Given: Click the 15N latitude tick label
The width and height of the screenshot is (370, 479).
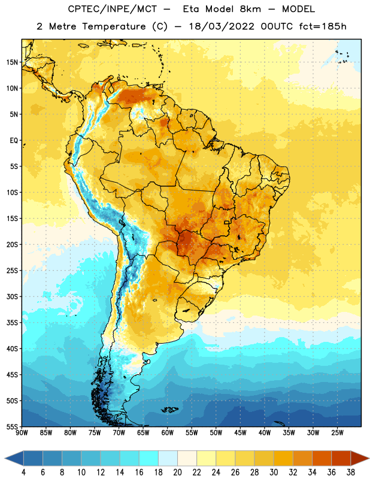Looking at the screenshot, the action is (12, 62).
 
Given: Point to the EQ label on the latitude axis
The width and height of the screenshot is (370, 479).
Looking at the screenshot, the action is (14, 141).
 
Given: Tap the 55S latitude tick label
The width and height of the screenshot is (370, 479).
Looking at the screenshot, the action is (12, 426).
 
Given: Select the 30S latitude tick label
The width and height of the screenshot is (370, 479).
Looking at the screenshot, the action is (12, 296).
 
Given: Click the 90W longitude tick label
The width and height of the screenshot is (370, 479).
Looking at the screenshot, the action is (22, 433).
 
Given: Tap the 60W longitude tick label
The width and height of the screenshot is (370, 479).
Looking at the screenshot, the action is (168, 433).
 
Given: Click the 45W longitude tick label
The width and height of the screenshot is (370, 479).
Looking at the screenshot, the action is (241, 433).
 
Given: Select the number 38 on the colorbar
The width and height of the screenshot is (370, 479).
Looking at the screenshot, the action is (351, 472).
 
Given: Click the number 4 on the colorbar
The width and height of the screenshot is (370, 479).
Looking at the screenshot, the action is (23, 472).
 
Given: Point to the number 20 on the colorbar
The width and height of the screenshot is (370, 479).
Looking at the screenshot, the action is (177, 472).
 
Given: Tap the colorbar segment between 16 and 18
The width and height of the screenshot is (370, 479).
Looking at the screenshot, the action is (149, 459).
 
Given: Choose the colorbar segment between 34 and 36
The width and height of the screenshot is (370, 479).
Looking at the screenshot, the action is (322, 459).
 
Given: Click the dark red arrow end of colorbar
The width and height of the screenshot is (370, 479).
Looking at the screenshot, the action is (359, 459).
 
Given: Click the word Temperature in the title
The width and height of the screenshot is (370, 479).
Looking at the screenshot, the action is (114, 26).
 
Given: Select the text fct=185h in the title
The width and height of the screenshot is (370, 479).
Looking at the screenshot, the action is (323, 26).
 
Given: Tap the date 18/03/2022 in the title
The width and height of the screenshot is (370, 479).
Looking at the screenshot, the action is (222, 26).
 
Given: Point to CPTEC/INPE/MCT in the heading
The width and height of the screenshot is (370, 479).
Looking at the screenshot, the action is (112, 9).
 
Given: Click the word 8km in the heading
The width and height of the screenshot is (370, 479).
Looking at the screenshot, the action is (250, 9).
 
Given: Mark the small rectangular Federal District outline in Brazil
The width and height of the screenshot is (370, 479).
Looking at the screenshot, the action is (227, 222).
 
